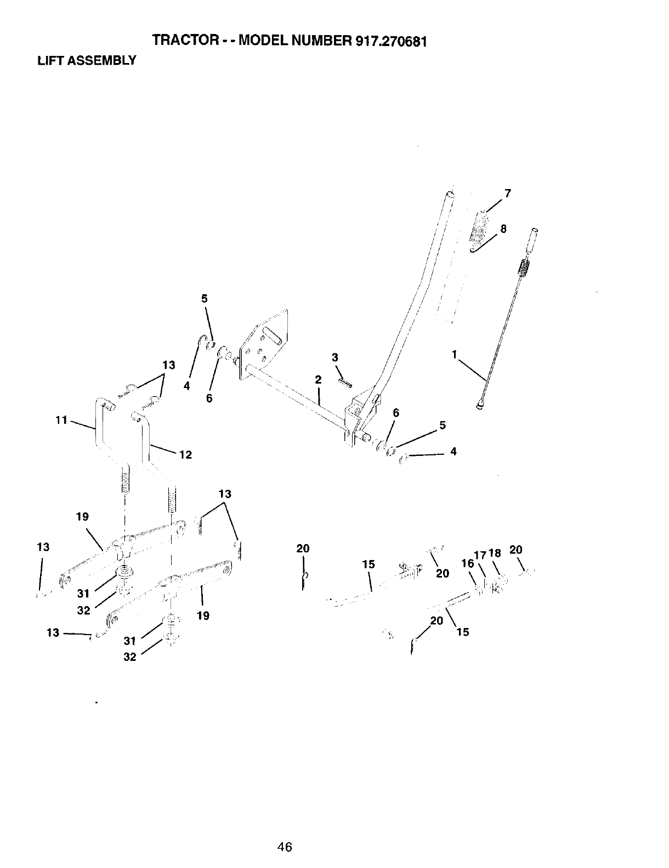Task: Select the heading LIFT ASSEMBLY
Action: [86, 60]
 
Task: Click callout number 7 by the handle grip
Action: [508, 193]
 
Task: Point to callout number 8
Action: [503, 230]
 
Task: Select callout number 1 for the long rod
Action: [454, 355]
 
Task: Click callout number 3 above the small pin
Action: [335, 358]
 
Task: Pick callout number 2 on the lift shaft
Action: [318, 379]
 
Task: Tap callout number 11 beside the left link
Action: [61, 420]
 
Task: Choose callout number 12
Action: [185, 455]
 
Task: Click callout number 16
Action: [468, 563]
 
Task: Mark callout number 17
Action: [480, 555]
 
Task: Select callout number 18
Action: [495, 553]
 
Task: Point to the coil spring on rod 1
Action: [524, 270]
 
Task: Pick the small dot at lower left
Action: [97, 701]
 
